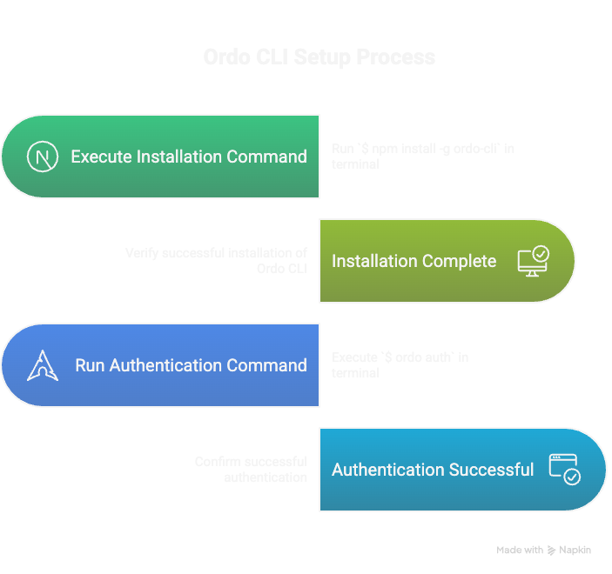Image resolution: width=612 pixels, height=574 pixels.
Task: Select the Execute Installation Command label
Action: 188,157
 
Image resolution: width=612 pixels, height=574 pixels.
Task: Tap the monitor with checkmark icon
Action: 533,261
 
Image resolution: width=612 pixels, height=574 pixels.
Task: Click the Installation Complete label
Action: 414,261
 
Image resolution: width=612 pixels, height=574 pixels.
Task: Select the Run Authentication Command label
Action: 191,365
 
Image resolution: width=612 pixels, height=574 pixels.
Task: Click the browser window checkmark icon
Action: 564,470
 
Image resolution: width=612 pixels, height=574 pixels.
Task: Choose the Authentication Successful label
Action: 433,470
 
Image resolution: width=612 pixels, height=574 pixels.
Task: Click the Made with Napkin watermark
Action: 543,550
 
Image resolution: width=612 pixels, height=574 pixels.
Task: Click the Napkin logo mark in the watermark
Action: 551,551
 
